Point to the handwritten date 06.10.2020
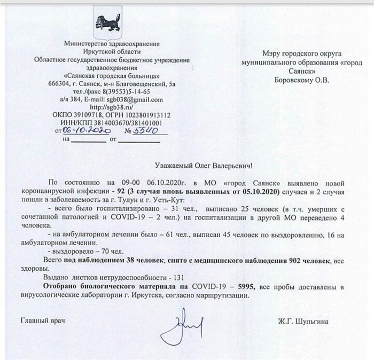click(86, 130)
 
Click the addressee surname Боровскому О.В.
click(299, 81)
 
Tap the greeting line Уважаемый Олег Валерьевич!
click(206, 167)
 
